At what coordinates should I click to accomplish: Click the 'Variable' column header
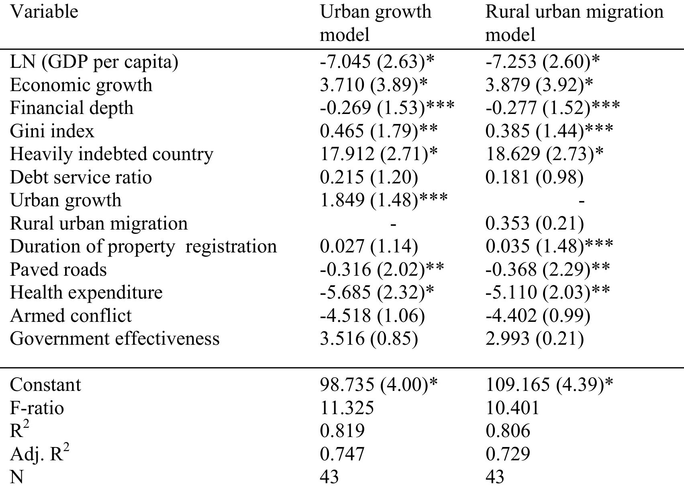tap(44, 11)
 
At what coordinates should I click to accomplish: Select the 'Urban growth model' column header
tap(375, 22)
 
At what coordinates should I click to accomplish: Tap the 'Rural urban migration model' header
tap(574, 22)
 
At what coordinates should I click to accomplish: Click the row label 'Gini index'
tap(52, 131)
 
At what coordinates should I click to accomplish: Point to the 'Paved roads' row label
tap(58, 269)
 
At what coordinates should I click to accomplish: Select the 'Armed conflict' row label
tap(71, 315)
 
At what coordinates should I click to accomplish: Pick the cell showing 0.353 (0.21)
tap(534, 224)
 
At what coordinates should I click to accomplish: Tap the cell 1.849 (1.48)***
tap(384, 200)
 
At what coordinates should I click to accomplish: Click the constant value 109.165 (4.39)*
tap(549, 385)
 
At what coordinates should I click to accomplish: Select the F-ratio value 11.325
tap(347, 408)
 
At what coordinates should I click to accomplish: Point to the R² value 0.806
tap(508, 431)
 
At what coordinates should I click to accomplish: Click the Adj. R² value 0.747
tap(342, 454)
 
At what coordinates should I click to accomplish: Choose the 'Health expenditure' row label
tap(86, 293)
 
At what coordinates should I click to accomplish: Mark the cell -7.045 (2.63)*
tap(377, 62)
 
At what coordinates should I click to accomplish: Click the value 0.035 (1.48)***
tap(549, 246)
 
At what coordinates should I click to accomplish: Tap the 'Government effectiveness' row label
tap(114, 339)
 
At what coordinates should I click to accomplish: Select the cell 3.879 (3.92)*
tap(539, 85)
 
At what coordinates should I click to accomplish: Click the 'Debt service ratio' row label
tap(81, 177)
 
